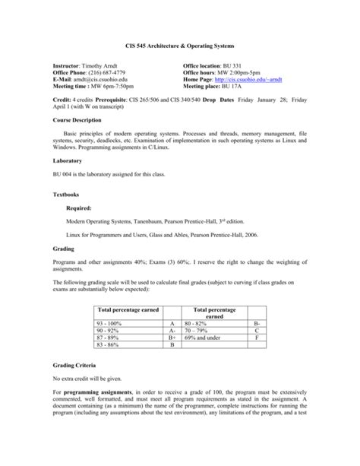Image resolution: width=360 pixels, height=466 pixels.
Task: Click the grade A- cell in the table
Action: click(x=172, y=331)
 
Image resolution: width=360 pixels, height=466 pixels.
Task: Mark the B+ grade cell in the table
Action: click(x=172, y=338)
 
